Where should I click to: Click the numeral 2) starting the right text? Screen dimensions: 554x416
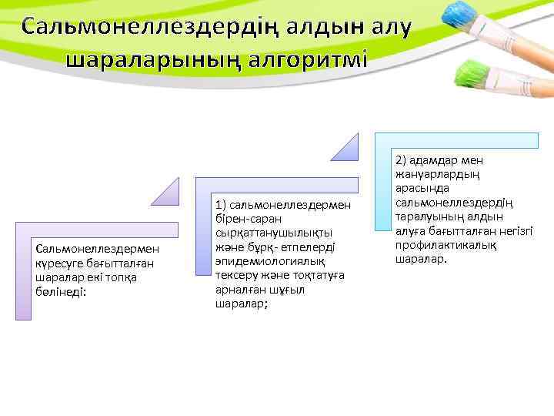[402, 161]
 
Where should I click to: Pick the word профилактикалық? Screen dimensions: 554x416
[445, 245]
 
